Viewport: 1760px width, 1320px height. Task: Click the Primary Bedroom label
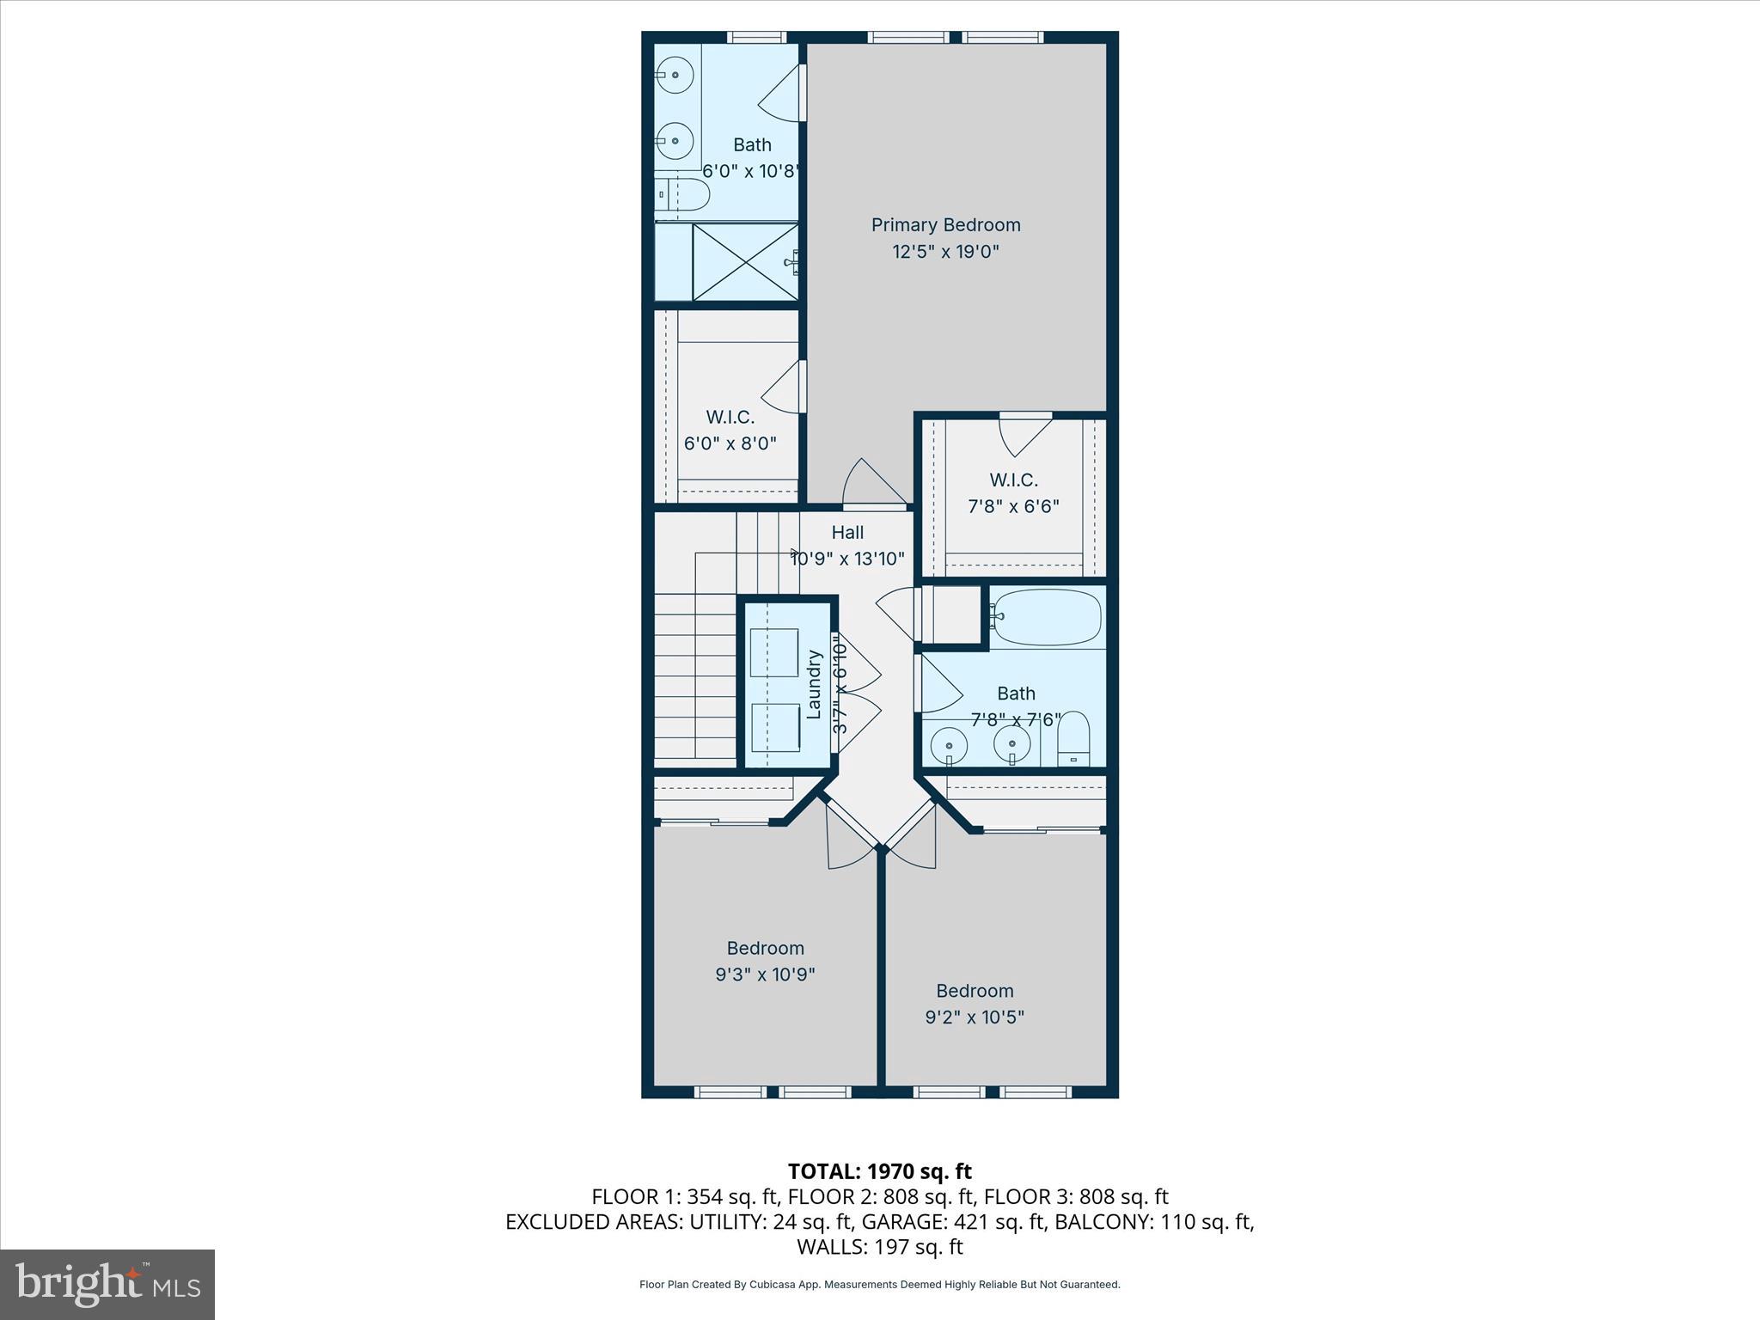pos(945,225)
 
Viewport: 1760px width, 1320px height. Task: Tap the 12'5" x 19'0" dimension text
pos(945,252)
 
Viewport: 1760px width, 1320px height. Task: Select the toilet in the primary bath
pos(683,195)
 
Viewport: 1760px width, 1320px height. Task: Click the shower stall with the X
pos(745,262)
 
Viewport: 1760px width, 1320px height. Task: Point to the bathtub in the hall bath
pos(1046,616)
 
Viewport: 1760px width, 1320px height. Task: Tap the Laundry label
pos(814,684)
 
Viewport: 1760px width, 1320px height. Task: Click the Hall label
pos(847,533)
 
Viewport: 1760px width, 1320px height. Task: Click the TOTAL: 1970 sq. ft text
pos(879,1171)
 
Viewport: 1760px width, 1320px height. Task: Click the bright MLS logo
pos(107,1285)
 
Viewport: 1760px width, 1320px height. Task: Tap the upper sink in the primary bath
pos(675,76)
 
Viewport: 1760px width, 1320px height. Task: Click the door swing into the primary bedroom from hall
pos(872,483)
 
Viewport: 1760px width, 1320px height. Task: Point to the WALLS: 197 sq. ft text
pos(879,1247)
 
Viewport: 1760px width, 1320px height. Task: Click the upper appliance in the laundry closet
pos(773,653)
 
